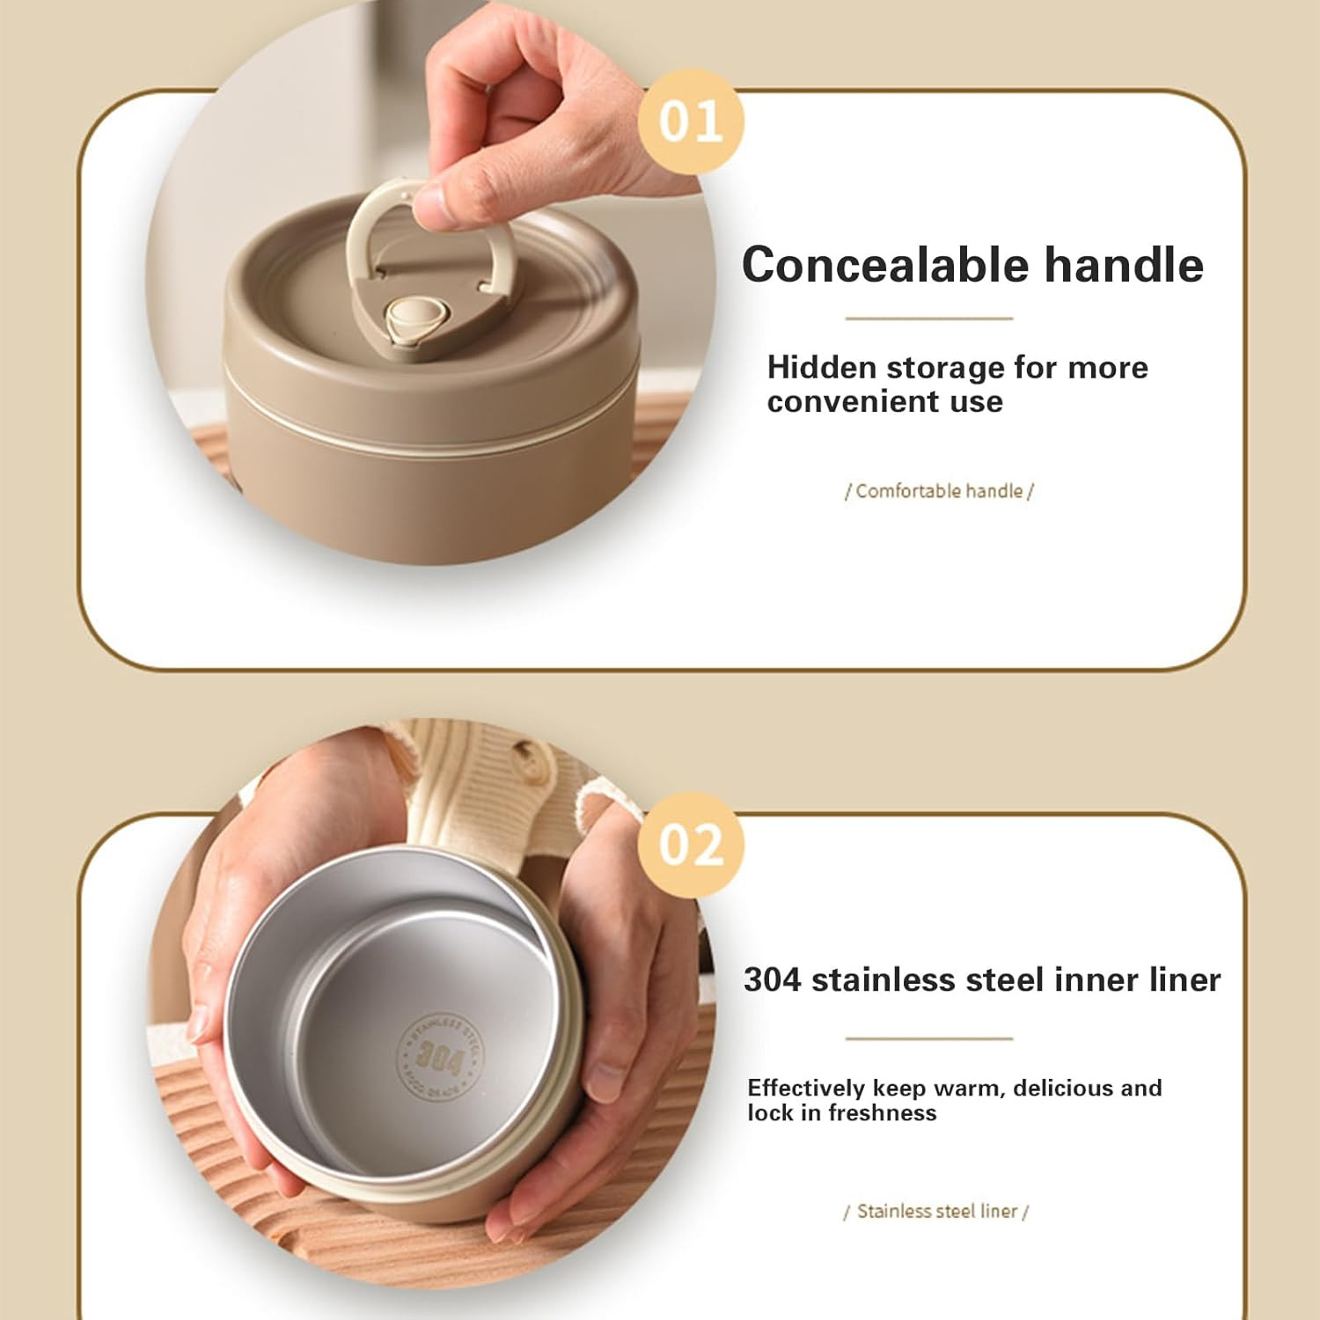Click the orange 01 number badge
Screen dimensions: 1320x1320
(x=692, y=121)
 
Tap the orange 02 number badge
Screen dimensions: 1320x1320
(x=692, y=845)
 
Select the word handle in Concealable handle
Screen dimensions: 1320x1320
(x=1124, y=264)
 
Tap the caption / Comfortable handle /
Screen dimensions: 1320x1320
(x=939, y=491)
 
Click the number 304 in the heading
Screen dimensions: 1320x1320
(x=772, y=979)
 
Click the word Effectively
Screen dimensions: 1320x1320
(x=806, y=1089)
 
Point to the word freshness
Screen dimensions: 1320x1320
(x=883, y=1113)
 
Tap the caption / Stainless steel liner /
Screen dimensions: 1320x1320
(x=936, y=1212)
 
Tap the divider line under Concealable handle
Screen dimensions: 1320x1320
(x=929, y=319)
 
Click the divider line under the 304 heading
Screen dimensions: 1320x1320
(x=929, y=1038)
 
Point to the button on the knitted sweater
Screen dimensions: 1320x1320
(x=527, y=754)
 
